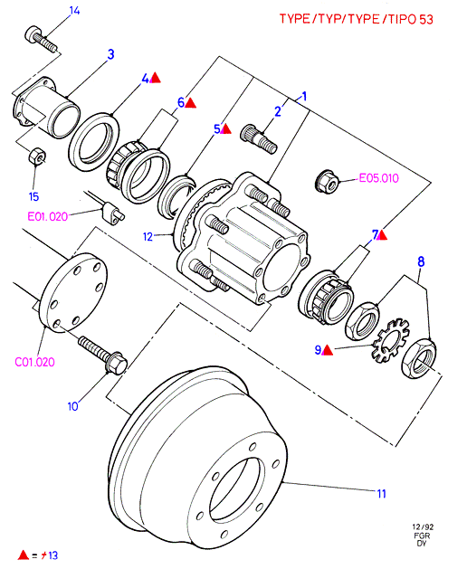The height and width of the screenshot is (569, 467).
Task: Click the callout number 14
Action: pyautogui.click(x=74, y=11)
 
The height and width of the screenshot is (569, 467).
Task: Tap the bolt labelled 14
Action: pyautogui.click(x=41, y=39)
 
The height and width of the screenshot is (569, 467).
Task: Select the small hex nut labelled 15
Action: pyautogui.click(x=37, y=156)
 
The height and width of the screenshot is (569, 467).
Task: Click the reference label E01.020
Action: pyautogui.click(x=48, y=216)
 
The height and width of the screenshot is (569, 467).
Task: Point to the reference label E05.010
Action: pyautogui.click(x=378, y=178)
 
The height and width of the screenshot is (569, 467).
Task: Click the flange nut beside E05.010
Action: pyautogui.click(x=328, y=182)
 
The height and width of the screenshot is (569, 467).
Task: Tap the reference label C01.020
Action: pyautogui.click(x=35, y=362)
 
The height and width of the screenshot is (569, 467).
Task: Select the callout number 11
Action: pyautogui.click(x=381, y=494)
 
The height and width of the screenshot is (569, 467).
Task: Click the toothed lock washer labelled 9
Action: pyautogui.click(x=390, y=340)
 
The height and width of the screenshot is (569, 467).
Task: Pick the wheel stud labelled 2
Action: pyautogui.click(x=259, y=138)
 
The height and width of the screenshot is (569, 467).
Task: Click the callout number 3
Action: pyautogui.click(x=110, y=54)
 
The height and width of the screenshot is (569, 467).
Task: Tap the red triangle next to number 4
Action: pyautogui.click(x=156, y=78)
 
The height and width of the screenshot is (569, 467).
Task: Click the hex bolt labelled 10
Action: pyautogui.click(x=103, y=354)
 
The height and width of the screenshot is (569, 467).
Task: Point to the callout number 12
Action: pyautogui.click(x=148, y=237)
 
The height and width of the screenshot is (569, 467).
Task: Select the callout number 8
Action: pyautogui.click(x=421, y=261)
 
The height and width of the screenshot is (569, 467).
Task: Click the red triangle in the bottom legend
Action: pyautogui.click(x=24, y=555)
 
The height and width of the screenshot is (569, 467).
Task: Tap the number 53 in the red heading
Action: pyautogui.click(x=426, y=19)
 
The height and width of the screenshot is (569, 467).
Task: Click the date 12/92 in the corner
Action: pyautogui.click(x=423, y=526)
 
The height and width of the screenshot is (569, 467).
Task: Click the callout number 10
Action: pyautogui.click(x=73, y=406)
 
